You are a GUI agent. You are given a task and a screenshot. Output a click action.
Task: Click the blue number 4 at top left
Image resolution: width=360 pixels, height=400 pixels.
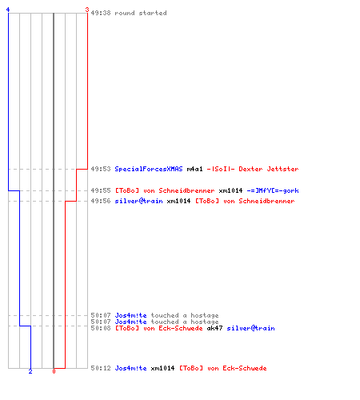pos(8,10)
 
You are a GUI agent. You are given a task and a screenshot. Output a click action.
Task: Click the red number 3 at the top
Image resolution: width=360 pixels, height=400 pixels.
pos(87,10)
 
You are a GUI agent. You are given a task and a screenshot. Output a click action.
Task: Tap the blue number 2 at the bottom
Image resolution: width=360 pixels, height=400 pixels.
pos(30,371)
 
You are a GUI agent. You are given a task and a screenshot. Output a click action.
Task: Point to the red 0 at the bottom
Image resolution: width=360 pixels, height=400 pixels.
pos(54,371)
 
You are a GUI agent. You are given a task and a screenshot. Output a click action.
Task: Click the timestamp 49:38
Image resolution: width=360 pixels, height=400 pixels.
pos(101,13)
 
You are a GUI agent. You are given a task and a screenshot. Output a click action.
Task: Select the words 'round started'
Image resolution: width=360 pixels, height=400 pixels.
pos(141,13)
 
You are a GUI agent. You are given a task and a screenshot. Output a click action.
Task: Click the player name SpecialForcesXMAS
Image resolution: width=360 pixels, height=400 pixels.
pos(149,169)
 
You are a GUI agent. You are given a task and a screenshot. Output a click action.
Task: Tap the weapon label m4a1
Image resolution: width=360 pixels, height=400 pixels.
pos(194,169)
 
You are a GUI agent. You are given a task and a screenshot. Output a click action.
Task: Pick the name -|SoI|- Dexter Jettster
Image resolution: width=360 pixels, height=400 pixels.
pos(253,169)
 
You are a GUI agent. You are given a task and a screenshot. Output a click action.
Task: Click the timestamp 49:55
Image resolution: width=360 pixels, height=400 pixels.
pos(101,190)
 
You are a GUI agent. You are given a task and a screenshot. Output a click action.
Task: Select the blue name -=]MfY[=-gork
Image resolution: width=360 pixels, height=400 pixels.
pos(273,190)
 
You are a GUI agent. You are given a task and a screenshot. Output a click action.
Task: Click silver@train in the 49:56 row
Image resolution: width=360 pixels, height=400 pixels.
pos(138,201)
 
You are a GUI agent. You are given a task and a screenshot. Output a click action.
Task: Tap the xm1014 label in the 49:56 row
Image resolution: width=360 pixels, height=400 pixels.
pos(178,201)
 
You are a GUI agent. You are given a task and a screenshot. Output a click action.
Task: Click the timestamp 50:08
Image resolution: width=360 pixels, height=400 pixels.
pos(101,328)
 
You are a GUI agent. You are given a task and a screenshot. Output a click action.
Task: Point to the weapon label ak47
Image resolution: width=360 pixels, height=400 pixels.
pos(214,328)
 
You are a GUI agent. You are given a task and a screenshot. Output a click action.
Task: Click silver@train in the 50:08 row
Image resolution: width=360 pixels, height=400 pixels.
pos(250,328)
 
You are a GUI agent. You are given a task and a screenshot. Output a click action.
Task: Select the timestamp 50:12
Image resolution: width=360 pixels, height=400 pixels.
pos(101,368)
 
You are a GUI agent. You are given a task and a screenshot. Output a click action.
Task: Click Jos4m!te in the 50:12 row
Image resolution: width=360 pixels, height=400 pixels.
pos(130,368)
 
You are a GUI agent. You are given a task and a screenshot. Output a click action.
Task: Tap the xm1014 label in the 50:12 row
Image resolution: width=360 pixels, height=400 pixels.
pos(162,368)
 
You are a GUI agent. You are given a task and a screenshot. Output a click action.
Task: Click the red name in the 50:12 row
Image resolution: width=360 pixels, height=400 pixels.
pos(222,368)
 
